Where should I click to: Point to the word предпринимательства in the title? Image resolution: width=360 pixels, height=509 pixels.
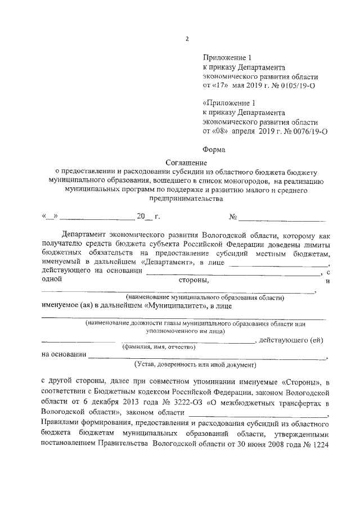click(186, 198)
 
